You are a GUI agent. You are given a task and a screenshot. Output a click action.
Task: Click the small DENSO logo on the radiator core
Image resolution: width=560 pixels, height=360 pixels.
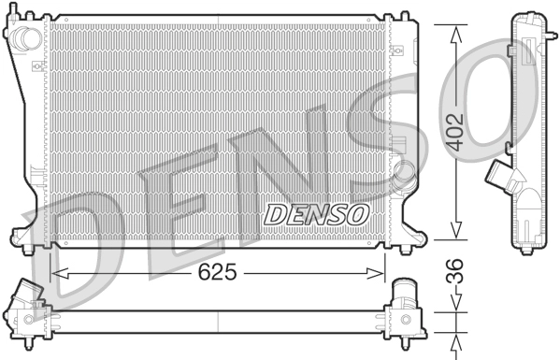[316, 213]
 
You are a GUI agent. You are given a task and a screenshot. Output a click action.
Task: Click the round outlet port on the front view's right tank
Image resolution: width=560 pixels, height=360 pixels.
[404, 174]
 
